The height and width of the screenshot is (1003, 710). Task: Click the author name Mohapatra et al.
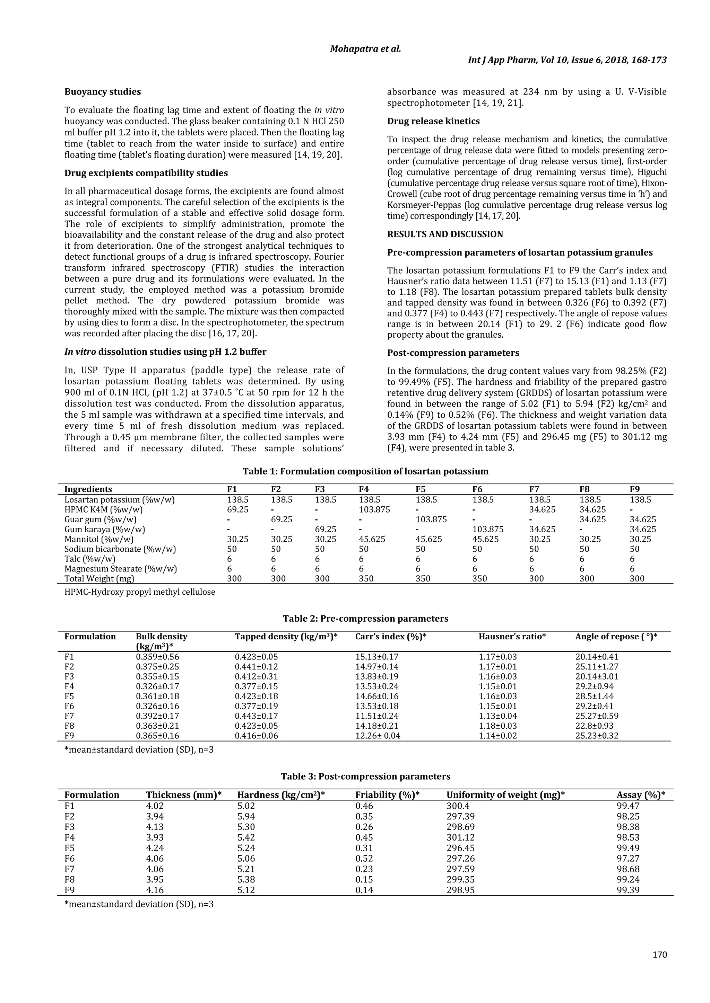(365, 48)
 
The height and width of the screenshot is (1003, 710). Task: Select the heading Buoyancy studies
(103, 92)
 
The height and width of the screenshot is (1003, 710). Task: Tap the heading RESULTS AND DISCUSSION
(445, 234)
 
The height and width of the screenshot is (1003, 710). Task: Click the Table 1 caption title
(365, 471)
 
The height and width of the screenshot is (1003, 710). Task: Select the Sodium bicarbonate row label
(121, 549)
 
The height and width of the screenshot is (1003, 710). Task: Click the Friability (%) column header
(387, 795)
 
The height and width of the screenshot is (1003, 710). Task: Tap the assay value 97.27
(628, 859)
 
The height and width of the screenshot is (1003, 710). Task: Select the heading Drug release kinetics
(433, 121)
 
